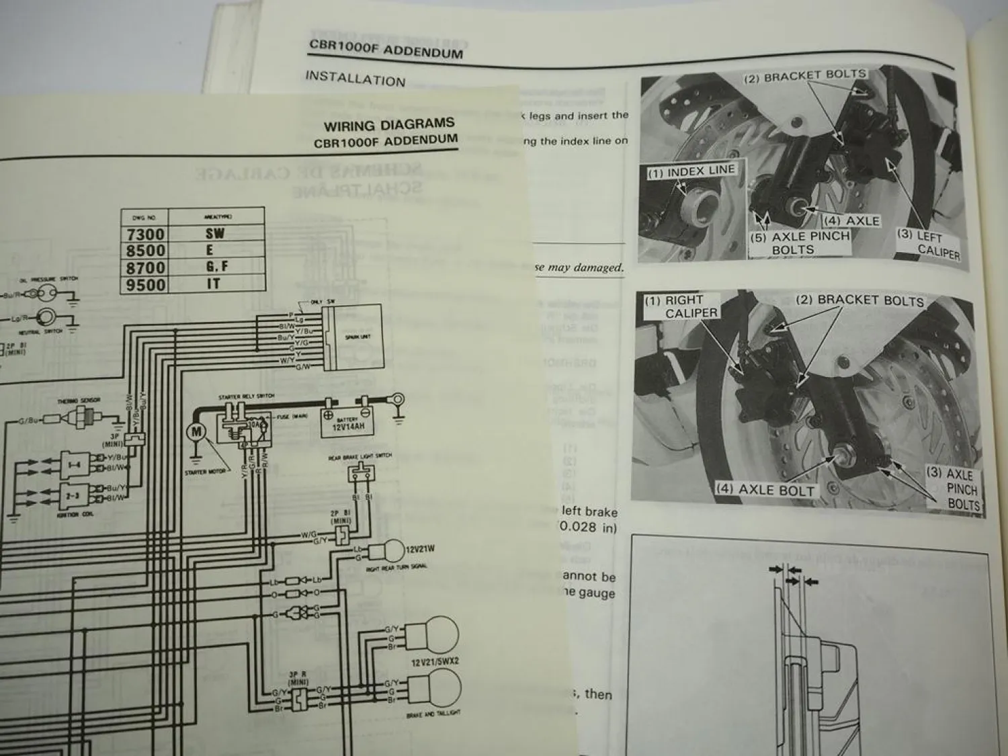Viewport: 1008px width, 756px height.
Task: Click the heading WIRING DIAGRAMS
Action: tap(388, 125)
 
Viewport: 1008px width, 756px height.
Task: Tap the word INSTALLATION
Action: tap(355, 79)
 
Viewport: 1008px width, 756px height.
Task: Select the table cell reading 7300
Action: tap(146, 235)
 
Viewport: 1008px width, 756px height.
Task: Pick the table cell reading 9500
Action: tap(146, 285)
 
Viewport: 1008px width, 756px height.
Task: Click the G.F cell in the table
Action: tap(216, 267)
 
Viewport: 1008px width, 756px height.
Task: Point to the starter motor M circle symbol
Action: tap(196, 433)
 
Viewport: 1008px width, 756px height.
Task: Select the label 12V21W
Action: tap(420, 549)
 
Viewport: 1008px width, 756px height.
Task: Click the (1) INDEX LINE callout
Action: tap(691, 172)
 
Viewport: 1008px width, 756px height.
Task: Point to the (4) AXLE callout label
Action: tap(852, 220)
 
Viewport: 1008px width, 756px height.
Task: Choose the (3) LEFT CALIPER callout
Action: tap(930, 243)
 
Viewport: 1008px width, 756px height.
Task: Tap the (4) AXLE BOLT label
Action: tap(765, 489)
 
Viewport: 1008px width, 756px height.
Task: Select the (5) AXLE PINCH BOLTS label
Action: tap(800, 243)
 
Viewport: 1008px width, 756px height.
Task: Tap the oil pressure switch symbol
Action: tap(46, 293)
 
